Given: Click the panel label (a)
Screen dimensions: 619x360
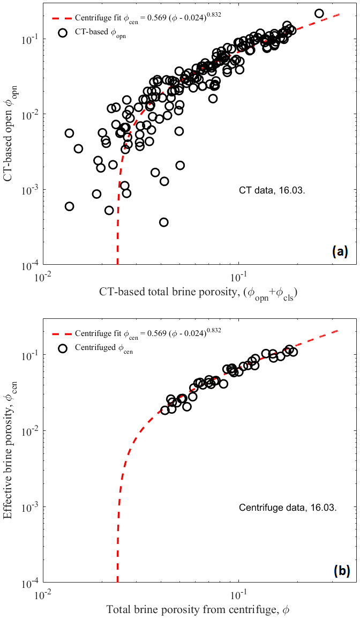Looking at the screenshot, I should point(340,251).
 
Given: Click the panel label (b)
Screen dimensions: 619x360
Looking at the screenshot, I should point(340,571).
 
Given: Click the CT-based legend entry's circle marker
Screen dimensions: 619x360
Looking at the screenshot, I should point(63,32).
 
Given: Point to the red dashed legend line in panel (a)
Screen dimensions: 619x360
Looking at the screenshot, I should point(60,18).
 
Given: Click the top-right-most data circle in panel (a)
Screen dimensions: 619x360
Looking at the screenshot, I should point(319,13).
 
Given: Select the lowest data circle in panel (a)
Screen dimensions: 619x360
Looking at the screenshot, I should point(164,222).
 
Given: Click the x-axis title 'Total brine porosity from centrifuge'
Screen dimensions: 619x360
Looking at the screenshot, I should point(198,609).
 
